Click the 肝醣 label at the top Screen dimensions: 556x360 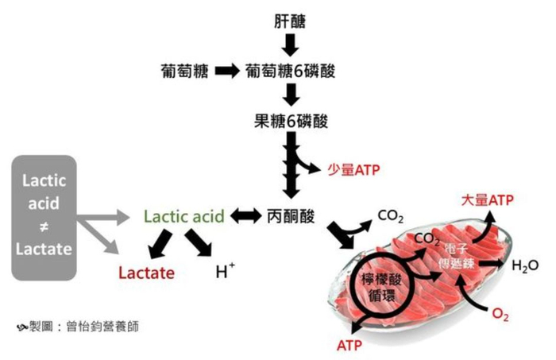point(290,21)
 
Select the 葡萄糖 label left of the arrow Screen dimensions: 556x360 point(184,72)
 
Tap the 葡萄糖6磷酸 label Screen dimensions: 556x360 point(290,72)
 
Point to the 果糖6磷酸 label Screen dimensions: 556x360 point(291,121)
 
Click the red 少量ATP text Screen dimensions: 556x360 point(353,170)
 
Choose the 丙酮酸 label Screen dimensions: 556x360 point(291,216)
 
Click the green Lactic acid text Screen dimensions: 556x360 point(184,216)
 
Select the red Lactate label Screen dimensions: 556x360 point(146,273)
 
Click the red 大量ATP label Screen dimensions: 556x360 point(487,200)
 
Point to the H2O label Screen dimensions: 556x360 point(525,265)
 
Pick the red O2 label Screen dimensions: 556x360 point(500,314)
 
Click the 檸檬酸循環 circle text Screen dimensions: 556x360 point(381,288)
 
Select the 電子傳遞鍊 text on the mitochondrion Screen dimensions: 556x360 point(457,256)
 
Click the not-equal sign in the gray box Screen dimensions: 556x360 point(44,226)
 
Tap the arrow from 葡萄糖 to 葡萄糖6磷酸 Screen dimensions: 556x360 point(227,72)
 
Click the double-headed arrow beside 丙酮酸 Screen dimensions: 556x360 point(245,216)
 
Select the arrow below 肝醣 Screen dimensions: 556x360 point(291,45)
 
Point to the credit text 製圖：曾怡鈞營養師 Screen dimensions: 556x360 point(77,327)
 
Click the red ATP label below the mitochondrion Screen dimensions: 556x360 point(349,346)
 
